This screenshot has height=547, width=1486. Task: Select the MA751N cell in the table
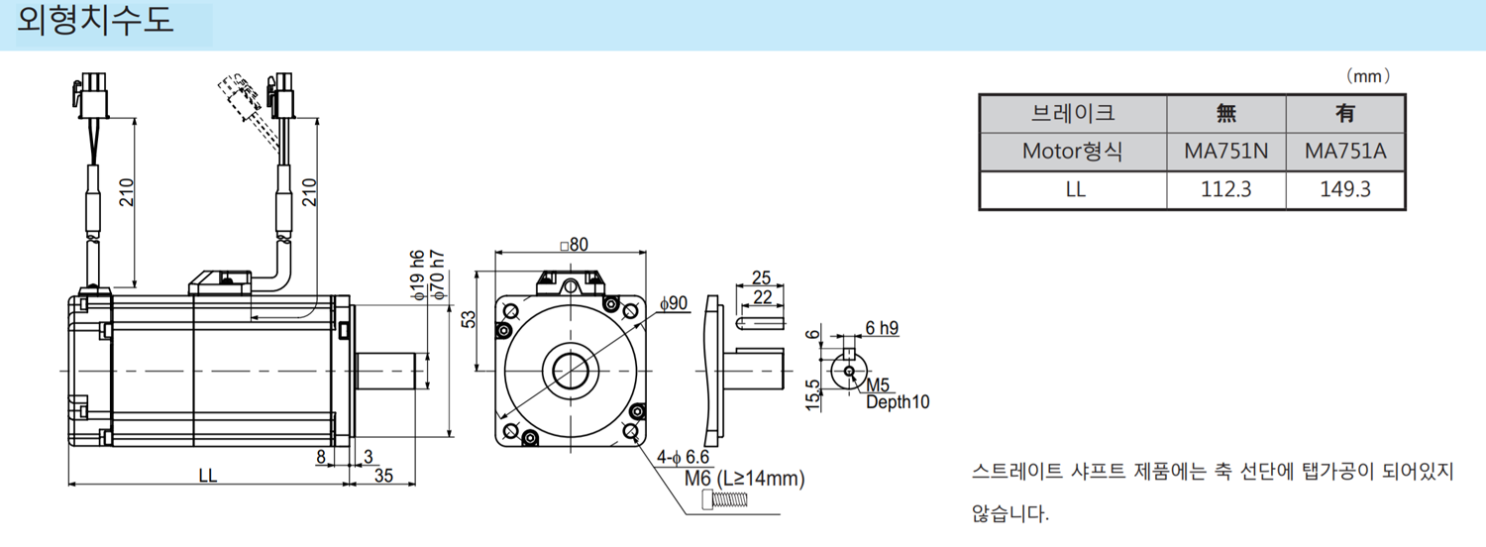[x=1225, y=152]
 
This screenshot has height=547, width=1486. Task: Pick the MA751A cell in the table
[x=1344, y=152]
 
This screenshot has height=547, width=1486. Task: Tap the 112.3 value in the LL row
[x=1225, y=189]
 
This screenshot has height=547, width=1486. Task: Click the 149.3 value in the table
[x=1344, y=189]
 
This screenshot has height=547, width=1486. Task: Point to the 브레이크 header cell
[x=1073, y=114]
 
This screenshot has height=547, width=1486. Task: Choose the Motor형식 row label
[x=1073, y=152]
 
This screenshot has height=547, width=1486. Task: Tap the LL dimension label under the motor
[x=207, y=476]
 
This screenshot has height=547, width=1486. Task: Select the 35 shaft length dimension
[x=383, y=476]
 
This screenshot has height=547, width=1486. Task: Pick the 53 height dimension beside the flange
[x=469, y=319]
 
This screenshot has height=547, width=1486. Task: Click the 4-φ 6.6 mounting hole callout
[x=685, y=458]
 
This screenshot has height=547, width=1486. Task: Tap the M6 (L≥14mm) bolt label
[x=744, y=479]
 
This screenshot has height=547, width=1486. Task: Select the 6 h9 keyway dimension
[x=881, y=328]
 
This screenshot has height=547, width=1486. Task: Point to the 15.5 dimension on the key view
[x=813, y=394]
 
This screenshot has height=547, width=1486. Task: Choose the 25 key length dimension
[x=761, y=277]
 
